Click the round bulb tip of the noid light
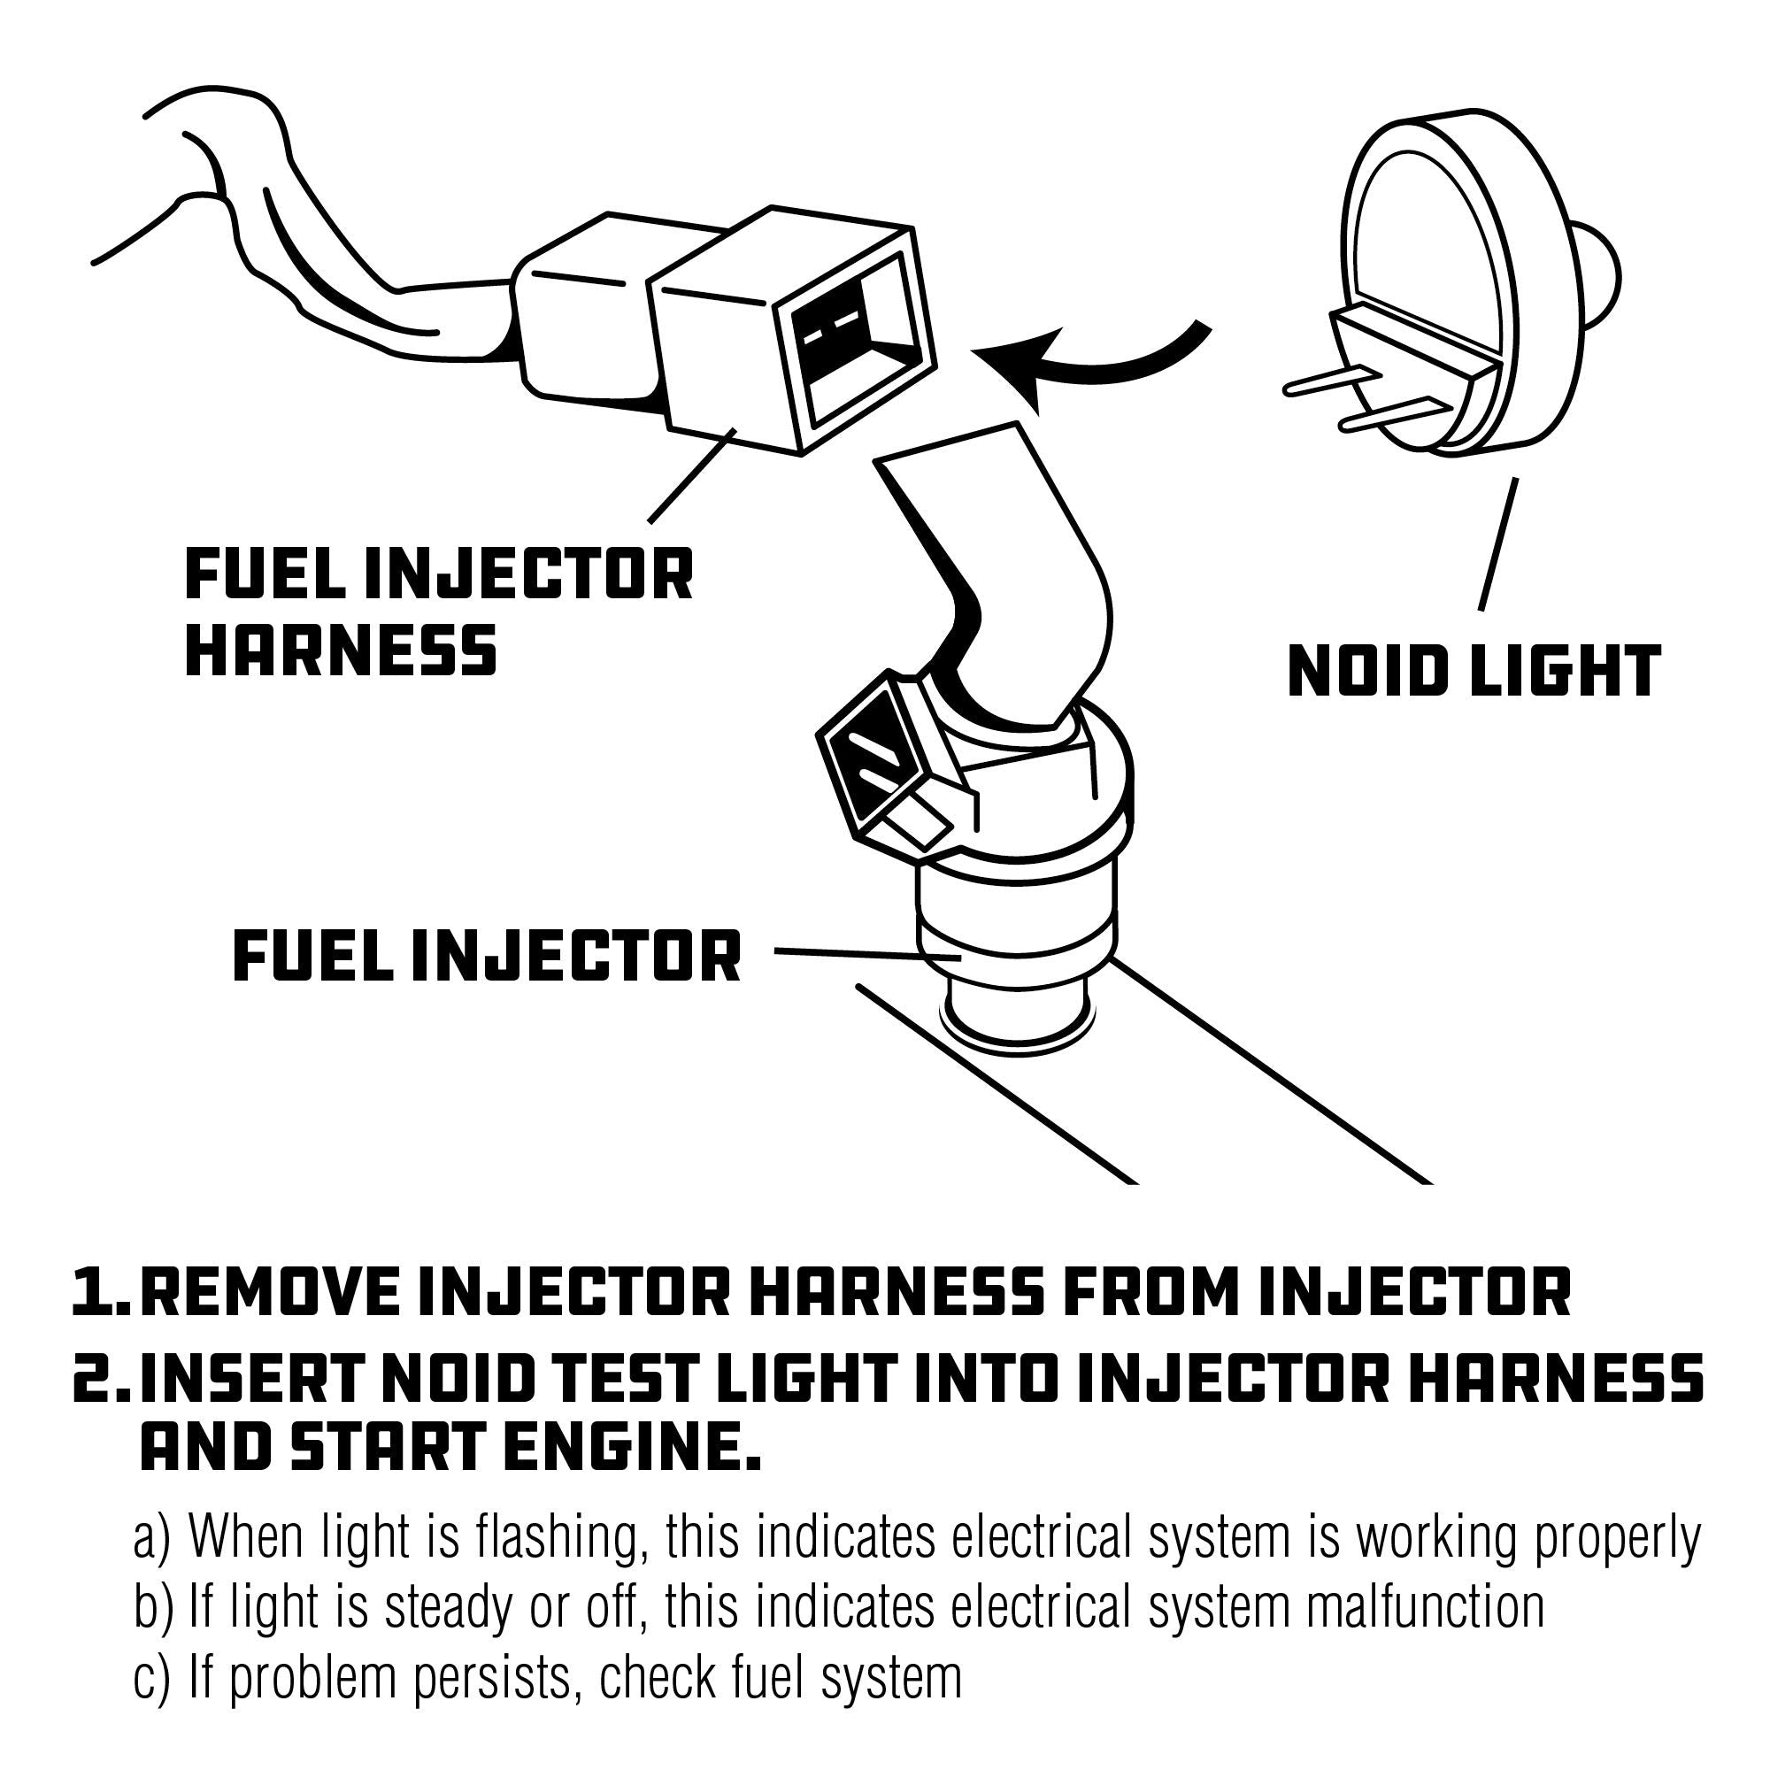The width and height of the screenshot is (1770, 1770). [1598, 275]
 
